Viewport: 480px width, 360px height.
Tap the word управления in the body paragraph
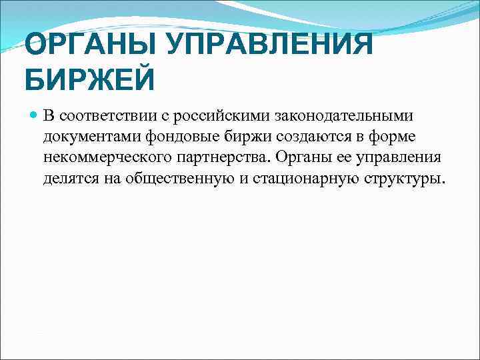click(x=404, y=159)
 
